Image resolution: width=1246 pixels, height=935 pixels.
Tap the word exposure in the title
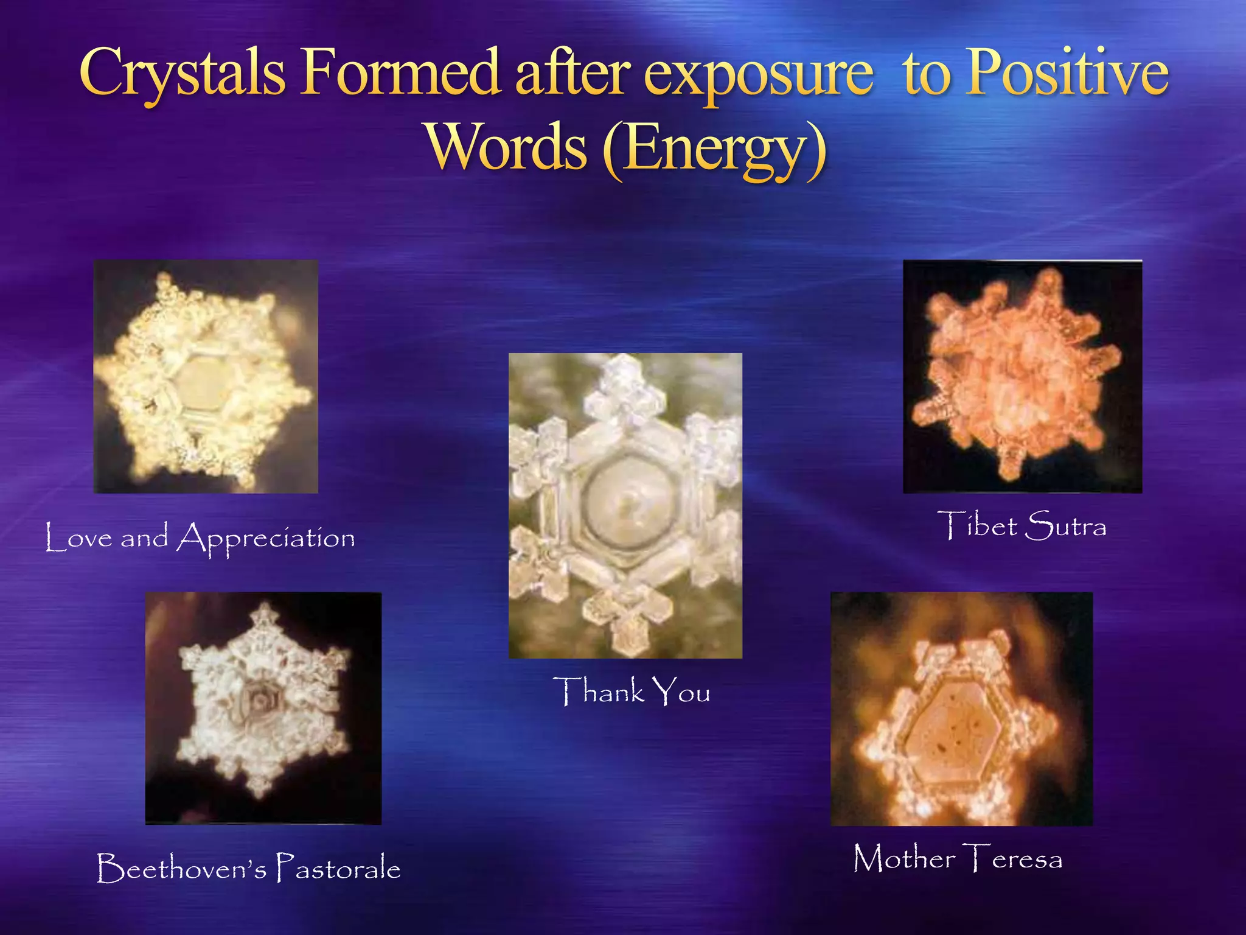coord(758,76)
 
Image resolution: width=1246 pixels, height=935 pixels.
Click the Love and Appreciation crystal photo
coord(206,376)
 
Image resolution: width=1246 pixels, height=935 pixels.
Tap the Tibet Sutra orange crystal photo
coord(1022,376)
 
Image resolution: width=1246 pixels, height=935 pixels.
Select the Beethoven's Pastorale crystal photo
coord(263,708)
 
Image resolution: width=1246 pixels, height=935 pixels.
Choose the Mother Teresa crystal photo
coord(961,709)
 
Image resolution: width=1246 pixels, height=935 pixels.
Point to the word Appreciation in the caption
coord(266,538)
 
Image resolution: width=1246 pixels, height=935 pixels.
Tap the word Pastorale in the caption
coord(338,867)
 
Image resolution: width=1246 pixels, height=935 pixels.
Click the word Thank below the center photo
coord(599,692)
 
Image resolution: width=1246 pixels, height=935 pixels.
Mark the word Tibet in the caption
coord(977,526)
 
